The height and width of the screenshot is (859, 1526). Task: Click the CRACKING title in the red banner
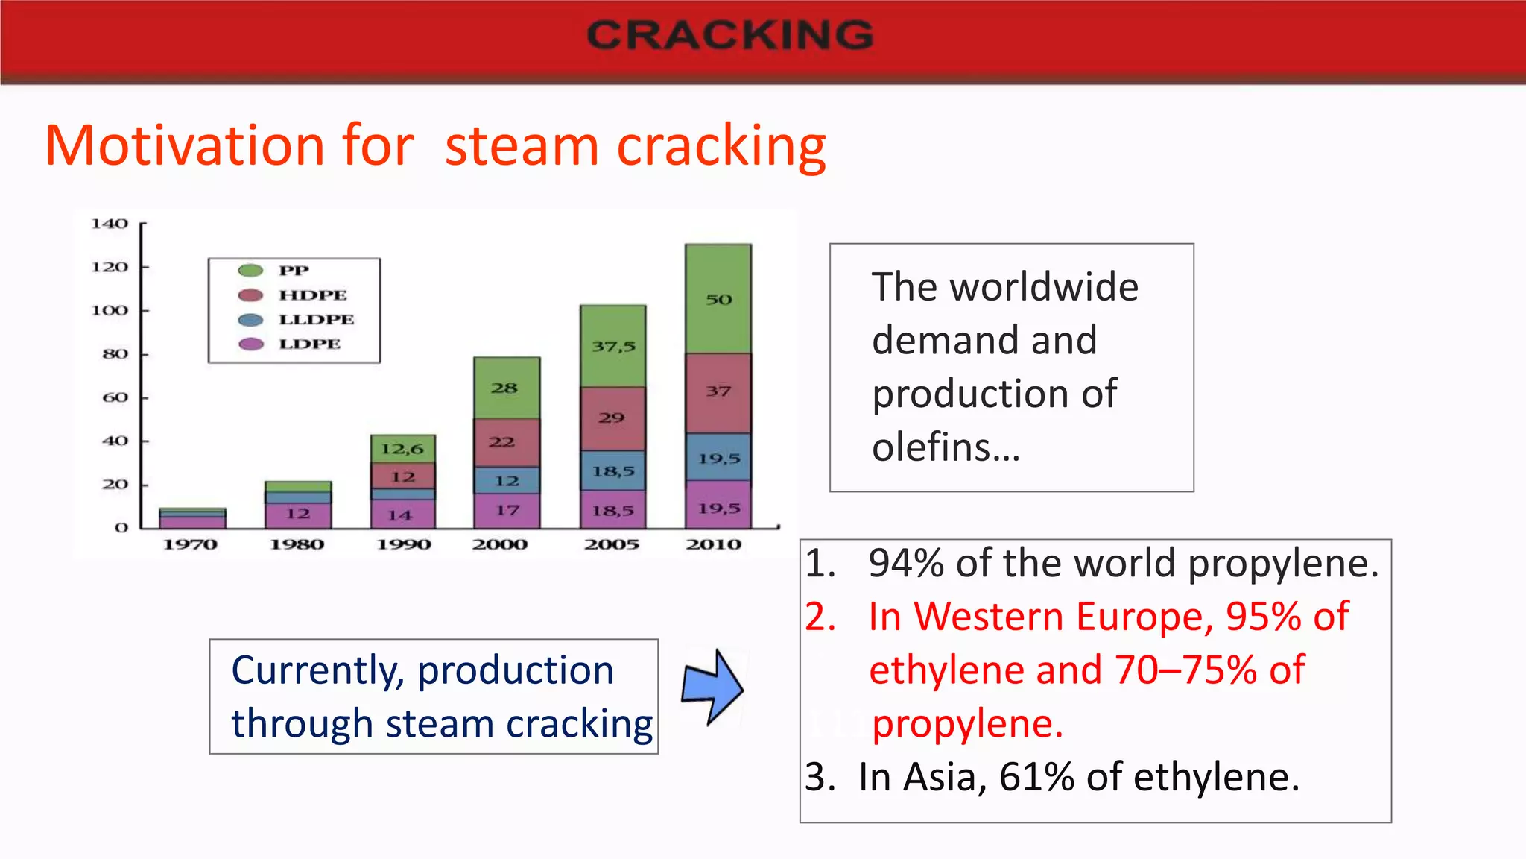click(729, 35)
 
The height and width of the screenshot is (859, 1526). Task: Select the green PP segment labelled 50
click(718, 299)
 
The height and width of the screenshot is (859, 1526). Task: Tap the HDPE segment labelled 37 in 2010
click(718, 391)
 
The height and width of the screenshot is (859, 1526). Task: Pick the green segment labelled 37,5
click(613, 346)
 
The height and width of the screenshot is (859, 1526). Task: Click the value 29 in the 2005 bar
click(612, 418)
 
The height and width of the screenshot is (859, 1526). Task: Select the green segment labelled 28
click(505, 388)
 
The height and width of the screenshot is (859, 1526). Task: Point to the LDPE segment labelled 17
click(507, 511)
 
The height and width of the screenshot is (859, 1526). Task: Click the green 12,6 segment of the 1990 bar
click(402, 449)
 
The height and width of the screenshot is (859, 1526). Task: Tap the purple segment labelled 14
click(401, 515)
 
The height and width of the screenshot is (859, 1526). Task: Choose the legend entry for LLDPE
click(316, 319)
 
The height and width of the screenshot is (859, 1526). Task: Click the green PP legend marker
click(250, 271)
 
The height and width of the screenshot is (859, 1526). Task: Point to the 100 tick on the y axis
click(110, 310)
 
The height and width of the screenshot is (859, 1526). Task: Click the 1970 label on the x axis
click(190, 544)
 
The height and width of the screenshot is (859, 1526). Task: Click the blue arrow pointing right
click(712, 687)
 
